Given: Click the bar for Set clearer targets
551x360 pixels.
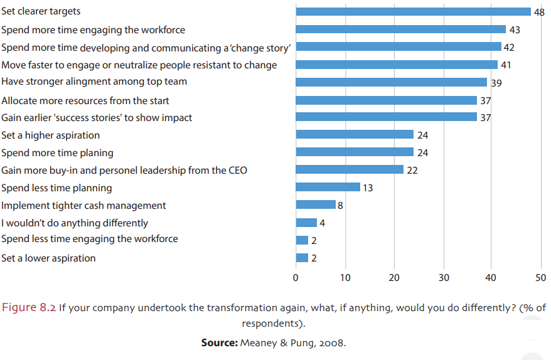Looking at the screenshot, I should [x=413, y=11].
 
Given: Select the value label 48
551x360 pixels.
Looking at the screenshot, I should [x=539, y=12].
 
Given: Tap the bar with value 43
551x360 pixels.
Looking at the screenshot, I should [x=400, y=29].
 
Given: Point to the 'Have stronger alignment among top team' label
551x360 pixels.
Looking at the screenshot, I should [x=94, y=82].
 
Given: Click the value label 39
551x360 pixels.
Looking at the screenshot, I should [x=495, y=82].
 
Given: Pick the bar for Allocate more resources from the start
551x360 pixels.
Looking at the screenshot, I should [x=386, y=100].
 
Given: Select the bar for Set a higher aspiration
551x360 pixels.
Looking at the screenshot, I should [x=355, y=134].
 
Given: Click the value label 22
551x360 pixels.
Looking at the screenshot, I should [x=412, y=170].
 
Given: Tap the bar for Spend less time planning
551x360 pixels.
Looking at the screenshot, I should [x=328, y=187].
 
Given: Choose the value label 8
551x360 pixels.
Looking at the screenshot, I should [x=341, y=204].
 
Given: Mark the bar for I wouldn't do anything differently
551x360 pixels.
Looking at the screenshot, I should [x=306, y=222].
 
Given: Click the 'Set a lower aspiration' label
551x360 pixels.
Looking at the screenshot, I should [x=48, y=258].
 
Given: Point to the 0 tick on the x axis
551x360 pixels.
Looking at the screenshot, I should [x=296, y=277].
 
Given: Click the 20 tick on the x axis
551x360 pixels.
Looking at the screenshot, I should [x=394, y=277].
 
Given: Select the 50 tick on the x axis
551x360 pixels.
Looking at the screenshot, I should [x=541, y=277].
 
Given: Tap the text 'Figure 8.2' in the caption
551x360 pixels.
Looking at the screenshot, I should [x=29, y=307].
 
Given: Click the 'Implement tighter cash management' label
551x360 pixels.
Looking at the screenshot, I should [x=83, y=205].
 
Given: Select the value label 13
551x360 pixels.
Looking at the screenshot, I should [x=368, y=188].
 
